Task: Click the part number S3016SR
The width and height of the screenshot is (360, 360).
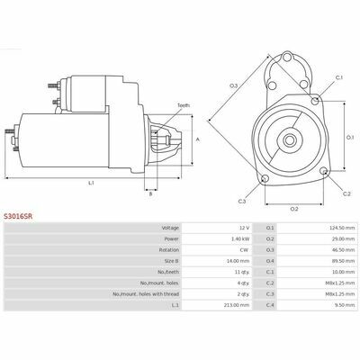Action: pyautogui.click(x=18, y=216)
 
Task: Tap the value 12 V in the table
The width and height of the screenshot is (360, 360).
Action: pyautogui.click(x=244, y=228)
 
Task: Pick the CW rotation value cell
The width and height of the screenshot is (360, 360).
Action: pyautogui.click(x=246, y=250)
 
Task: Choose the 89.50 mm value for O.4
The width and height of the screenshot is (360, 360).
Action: pyautogui.click(x=345, y=261)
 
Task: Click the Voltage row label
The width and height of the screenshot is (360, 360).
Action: pyautogui.click(x=170, y=228)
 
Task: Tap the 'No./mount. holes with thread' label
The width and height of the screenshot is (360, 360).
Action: pyautogui.click(x=146, y=294)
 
